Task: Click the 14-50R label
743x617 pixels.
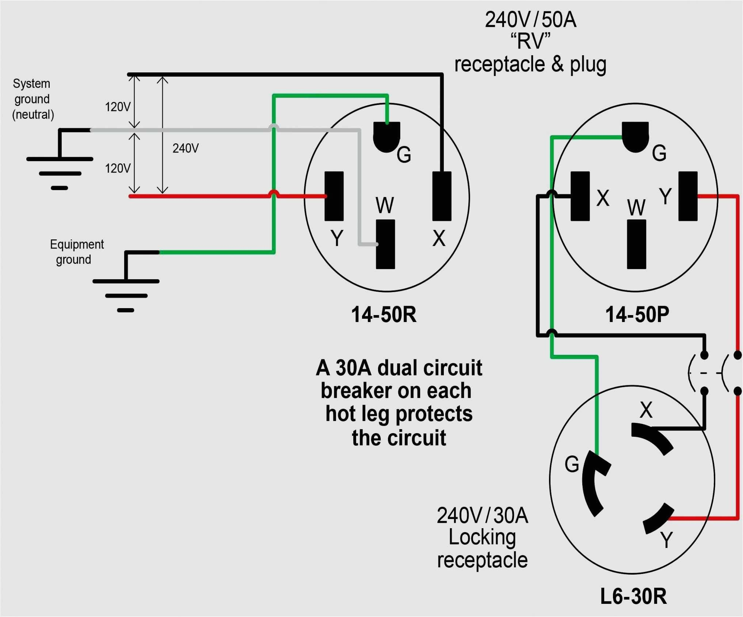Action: (x=384, y=314)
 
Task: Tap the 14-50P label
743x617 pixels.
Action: (x=637, y=314)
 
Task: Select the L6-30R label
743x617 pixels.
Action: (x=633, y=597)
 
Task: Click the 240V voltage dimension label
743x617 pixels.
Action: (x=186, y=148)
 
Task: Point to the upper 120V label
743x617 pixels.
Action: (x=118, y=107)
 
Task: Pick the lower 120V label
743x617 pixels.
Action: (x=118, y=169)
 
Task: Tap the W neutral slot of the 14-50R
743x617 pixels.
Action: (x=385, y=244)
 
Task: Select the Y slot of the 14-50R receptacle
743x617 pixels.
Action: (x=334, y=196)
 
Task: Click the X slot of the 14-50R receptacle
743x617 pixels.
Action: (x=442, y=196)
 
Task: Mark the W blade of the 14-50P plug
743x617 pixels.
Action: (x=636, y=244)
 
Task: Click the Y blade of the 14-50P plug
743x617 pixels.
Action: (x=688, y=196)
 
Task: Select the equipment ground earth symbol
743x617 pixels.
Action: (x=126, y=289)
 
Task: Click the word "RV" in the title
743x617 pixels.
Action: (x=530, y=41)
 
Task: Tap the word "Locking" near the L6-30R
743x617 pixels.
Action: (x=482, y=537)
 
